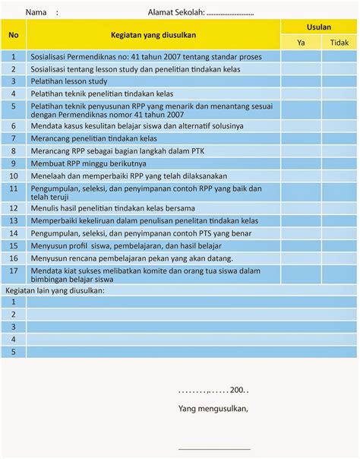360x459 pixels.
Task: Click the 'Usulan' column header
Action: click(318, 27)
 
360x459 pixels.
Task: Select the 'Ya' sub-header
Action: click(301, 43)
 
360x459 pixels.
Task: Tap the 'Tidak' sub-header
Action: click(339, 43)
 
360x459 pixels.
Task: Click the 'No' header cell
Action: click(14, 35)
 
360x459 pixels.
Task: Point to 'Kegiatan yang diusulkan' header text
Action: click(153, 35)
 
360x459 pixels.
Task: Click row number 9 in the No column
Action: click(14, 163)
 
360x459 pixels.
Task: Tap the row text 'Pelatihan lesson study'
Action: click(69, 81)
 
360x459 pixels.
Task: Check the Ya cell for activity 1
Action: click(301, 56)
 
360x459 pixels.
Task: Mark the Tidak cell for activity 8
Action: click(339, 150)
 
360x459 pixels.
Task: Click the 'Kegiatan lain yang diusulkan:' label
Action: click(55, 290)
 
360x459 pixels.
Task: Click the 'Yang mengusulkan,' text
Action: click(213, 408)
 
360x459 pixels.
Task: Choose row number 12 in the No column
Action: click(14, 207)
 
